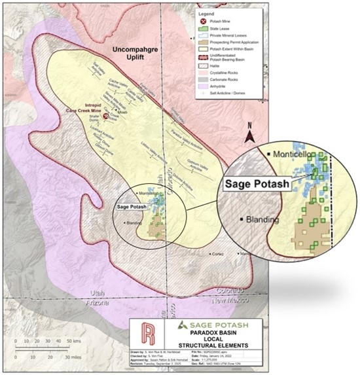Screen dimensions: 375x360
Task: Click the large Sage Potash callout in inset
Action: pos(257,184)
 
